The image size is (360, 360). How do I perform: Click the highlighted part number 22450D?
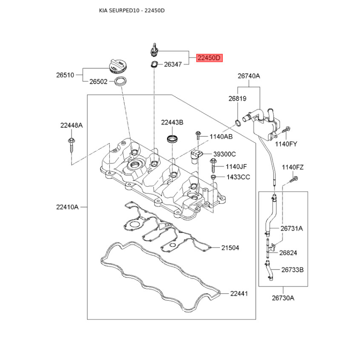[x=209, y=58]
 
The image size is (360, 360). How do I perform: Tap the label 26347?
[x=172, y=65]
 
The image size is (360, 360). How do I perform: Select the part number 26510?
[x=65, y=75]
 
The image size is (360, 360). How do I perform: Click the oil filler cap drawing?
[x=118, y=66]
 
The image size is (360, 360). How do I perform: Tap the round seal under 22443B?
[x=172, y=138]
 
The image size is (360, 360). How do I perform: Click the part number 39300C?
[x=225, y=154]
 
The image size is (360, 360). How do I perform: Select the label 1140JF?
[x=224, y=166]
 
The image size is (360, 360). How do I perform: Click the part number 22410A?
[x=67, y=207]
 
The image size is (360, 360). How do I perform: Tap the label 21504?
[x=230, y=248]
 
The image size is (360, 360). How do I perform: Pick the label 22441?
[x=239, y=293]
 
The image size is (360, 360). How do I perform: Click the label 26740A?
[x=249, y=76]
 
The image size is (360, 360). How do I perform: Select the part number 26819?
[x=237, y=98]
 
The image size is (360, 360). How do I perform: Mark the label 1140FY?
[x=286, y=144]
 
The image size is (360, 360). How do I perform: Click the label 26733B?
[x=292, y=270]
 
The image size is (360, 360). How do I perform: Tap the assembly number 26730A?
[x=283, y=297]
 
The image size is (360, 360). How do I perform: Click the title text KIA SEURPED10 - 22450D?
[x=132, y=10]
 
